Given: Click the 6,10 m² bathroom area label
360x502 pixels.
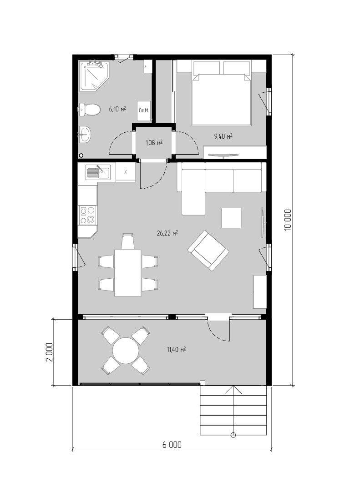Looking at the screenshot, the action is [x=117, y=109].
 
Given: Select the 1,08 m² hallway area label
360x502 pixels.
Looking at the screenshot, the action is [x=154, y=142].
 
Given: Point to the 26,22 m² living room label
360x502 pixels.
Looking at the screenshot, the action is [x=167, y=233].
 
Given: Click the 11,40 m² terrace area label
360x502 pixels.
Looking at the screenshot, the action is [x=176, y=349].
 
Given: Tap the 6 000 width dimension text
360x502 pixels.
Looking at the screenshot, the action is [x=172, y=445].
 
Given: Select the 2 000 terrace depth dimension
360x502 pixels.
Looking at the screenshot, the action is [x=49, y=352].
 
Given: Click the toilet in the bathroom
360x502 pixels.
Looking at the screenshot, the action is [x=90, y=110].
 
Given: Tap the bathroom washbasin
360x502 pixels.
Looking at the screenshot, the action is [x=85, y=134].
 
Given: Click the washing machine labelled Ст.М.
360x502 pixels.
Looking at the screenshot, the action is [x=143, y=111].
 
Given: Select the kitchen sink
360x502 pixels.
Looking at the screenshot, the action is [x=98, y=173].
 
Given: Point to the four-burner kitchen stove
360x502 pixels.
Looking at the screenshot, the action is [x=87, y=215].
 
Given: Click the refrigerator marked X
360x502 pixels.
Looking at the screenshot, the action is [x=126, y=172].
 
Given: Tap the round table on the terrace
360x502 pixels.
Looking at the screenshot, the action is [x=126, y=351].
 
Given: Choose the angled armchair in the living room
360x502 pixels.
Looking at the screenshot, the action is [x=208, y=251].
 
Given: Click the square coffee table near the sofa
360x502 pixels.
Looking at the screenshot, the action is [x=232, y=218].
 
